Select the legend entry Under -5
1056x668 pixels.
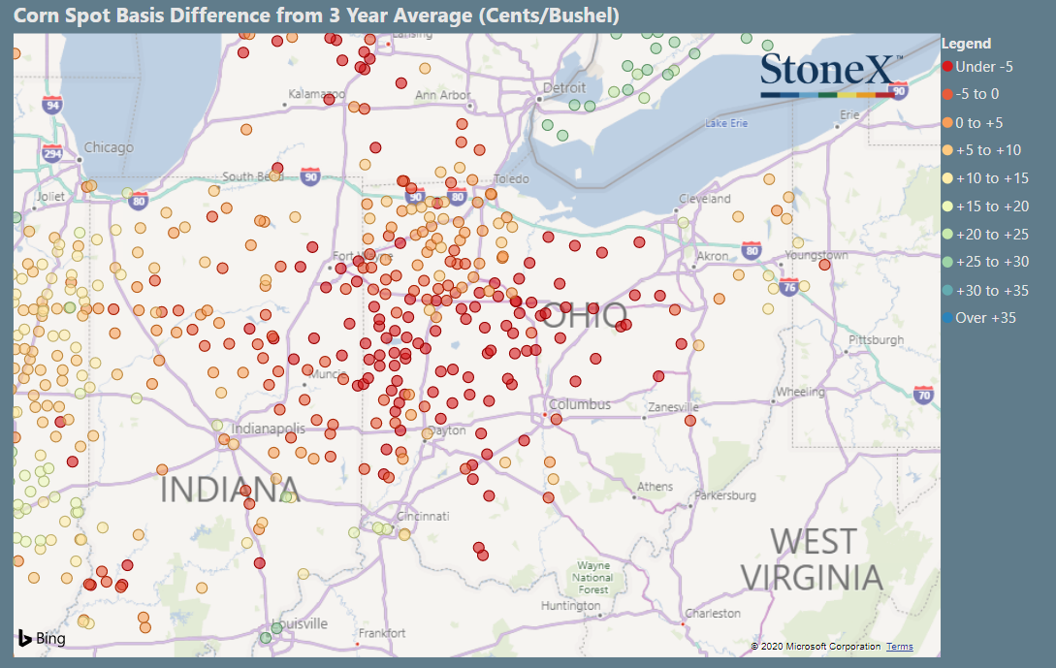pyautogui.click(x=983, y=67)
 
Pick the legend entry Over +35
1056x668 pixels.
pyautogui.click(x=985, y=318)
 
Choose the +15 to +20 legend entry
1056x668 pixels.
pyautogui.click(x=991, y=207)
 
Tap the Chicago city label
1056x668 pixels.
pyautogui.click(x=108, y=147)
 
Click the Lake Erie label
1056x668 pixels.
pyautogui.click(x=726, y=123)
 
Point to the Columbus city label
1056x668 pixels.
pyautogui.click(x=579, y=404)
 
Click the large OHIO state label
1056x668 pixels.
pyautogui.click(x=583, y=315)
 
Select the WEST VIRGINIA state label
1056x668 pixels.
pyautogui.click(x=812, y=559)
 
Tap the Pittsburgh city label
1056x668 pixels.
pyautogui.click(x=876, y=340)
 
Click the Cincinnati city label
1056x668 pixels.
pyautogui.click(x=423, y=516)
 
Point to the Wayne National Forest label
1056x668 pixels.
pyautogui.click(x=593, y=577)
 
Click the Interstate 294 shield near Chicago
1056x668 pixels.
pyautogui.click(x=52, y=153)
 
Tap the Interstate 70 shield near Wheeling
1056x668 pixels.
pyautogui.click(x=923, y=395)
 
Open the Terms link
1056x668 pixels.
pyautogui.click(x=899, y=647)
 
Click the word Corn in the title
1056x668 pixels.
pyautogui.click(x=31, y=16)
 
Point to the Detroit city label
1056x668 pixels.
pyautogui.click(x=564, y=88)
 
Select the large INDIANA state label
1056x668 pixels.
pyautogui.click(x=228, y=489)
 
